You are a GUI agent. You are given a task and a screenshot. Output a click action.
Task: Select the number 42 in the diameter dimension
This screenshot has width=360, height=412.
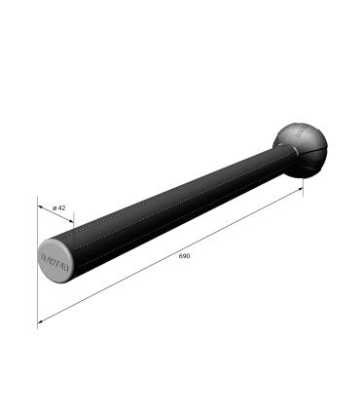60,207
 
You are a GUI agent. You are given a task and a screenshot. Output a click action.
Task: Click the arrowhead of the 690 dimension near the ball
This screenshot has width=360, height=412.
301,190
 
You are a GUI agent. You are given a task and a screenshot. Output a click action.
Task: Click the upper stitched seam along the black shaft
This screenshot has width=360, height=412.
165,195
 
